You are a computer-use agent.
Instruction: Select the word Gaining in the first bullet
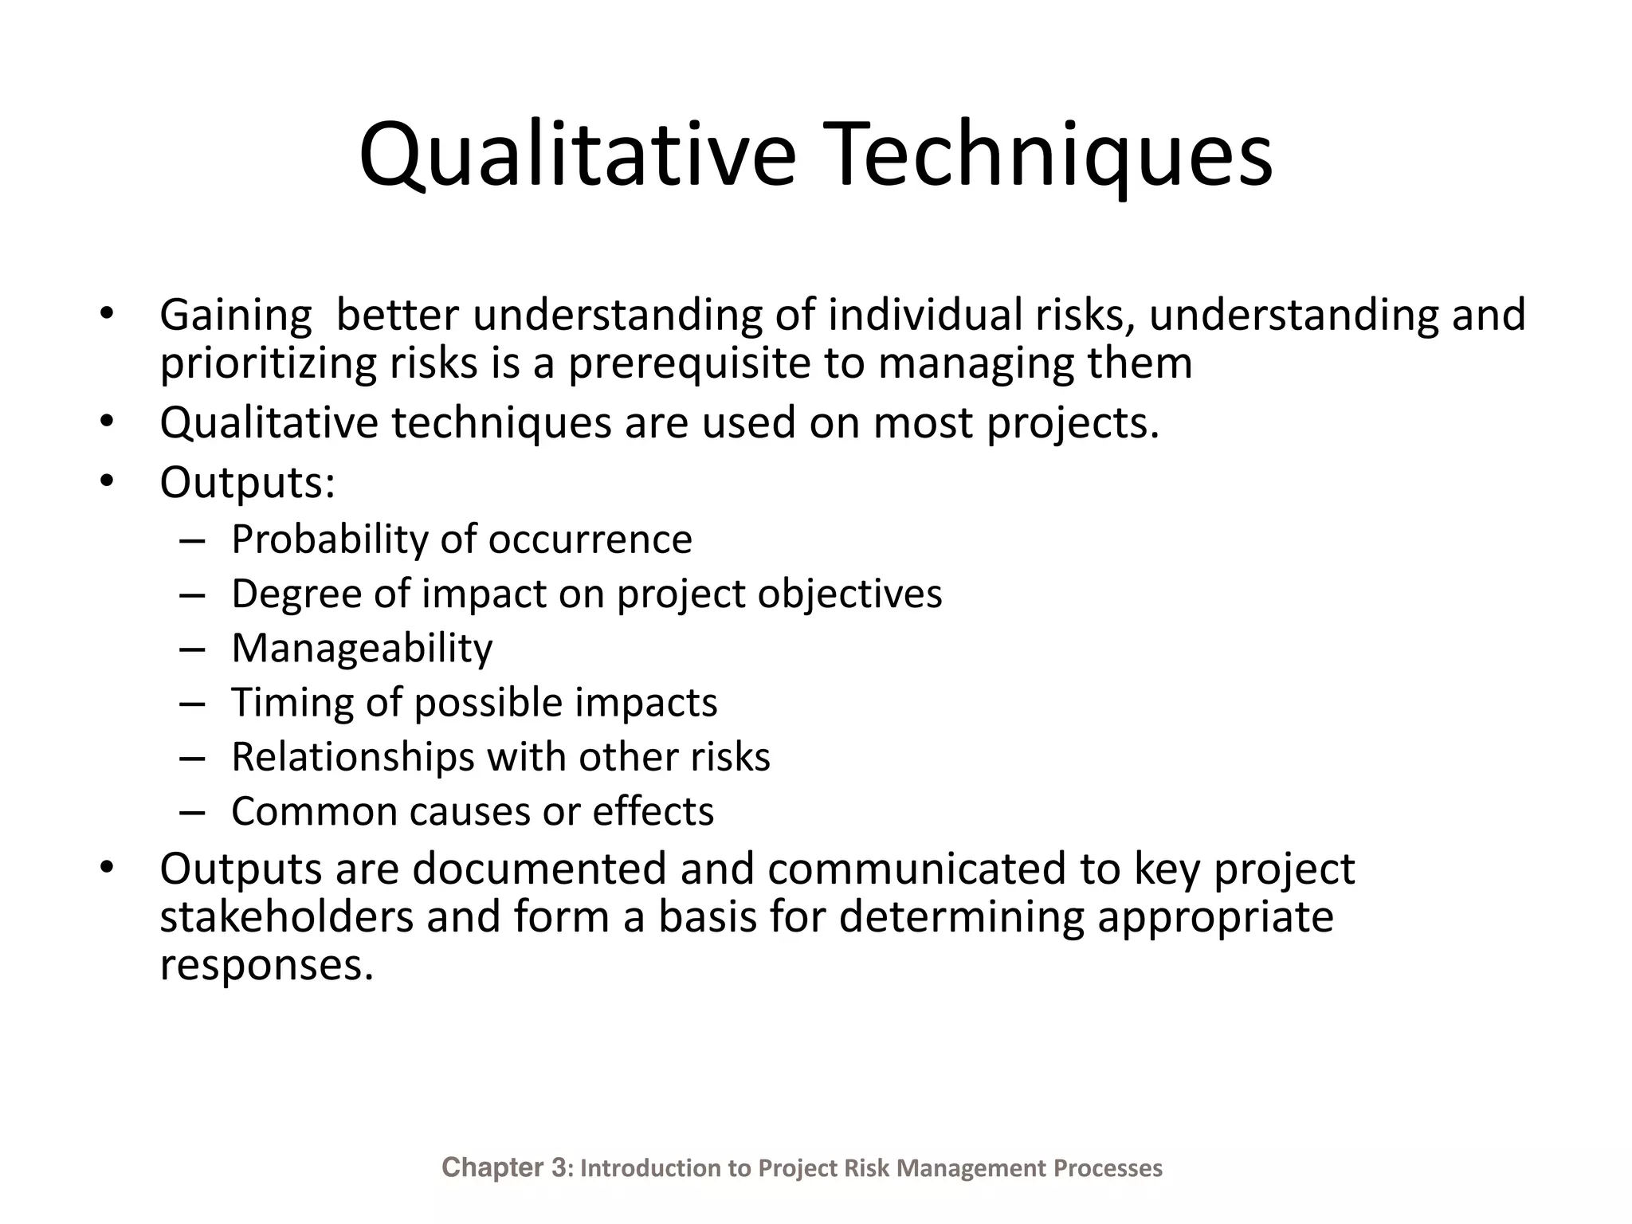pyautogui.click(x=236, y=315)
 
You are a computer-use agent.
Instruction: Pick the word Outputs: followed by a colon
pyautogui.click(x=247, y=482)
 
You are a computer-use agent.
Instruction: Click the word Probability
pyautogui.click(x=330, y=539)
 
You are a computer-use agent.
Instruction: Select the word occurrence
pyautogui.click(x=590, y=539)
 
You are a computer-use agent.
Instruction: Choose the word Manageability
pyautogui.click(x=362, y=648)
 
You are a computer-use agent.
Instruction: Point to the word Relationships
pyautogui.click(x=352, y=757)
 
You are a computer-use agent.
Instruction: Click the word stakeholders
pyautogui.click(x=286, y=916)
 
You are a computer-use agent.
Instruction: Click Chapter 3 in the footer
pyautogui.click(x=504, y=1167)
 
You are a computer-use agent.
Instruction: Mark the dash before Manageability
pyautogui.click(x=193, y=649)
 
